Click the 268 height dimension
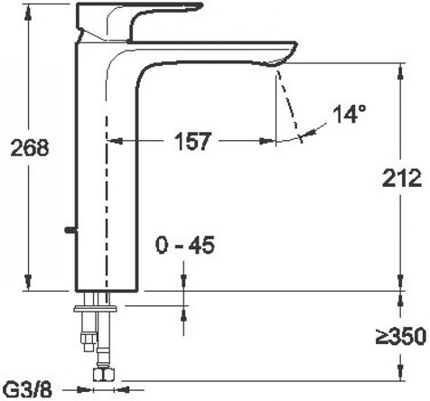pyautogui.click(x=29, y=147)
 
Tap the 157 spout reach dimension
pyautogui.click(x=192, y=141)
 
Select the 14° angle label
pyautogui.click(x=350, y=114)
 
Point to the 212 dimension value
pyautogui.click(x=402, y=178)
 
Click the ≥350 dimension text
pyautogui.click(x=401, y=336)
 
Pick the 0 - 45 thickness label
pyautogui.click(x=185, y=245)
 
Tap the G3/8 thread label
pyautogui.click(x=29, y=390)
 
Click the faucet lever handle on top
pyautogui.click(x=139, y=22)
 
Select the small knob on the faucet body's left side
pyautogui.click(x=70, y=230)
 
